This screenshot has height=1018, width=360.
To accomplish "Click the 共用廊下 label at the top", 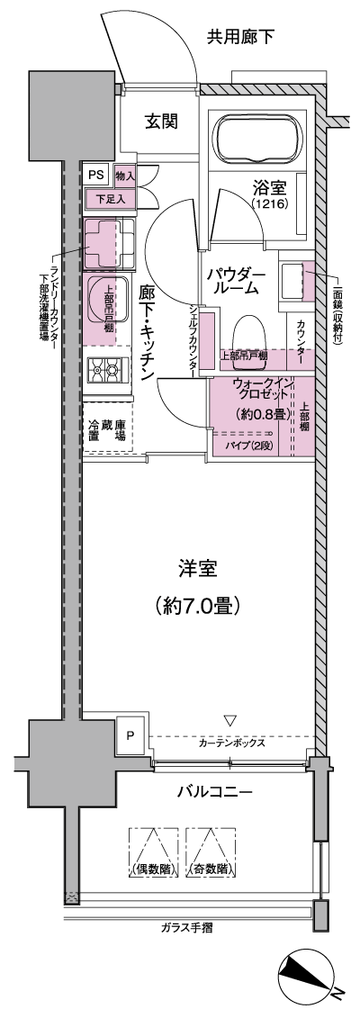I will (241, 37).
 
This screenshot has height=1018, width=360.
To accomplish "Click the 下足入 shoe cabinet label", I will (111, 197).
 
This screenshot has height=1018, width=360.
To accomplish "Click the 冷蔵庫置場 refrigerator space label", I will (106, 433).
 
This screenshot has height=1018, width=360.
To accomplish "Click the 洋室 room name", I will (197, 569).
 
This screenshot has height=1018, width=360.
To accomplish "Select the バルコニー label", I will (213, 792).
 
